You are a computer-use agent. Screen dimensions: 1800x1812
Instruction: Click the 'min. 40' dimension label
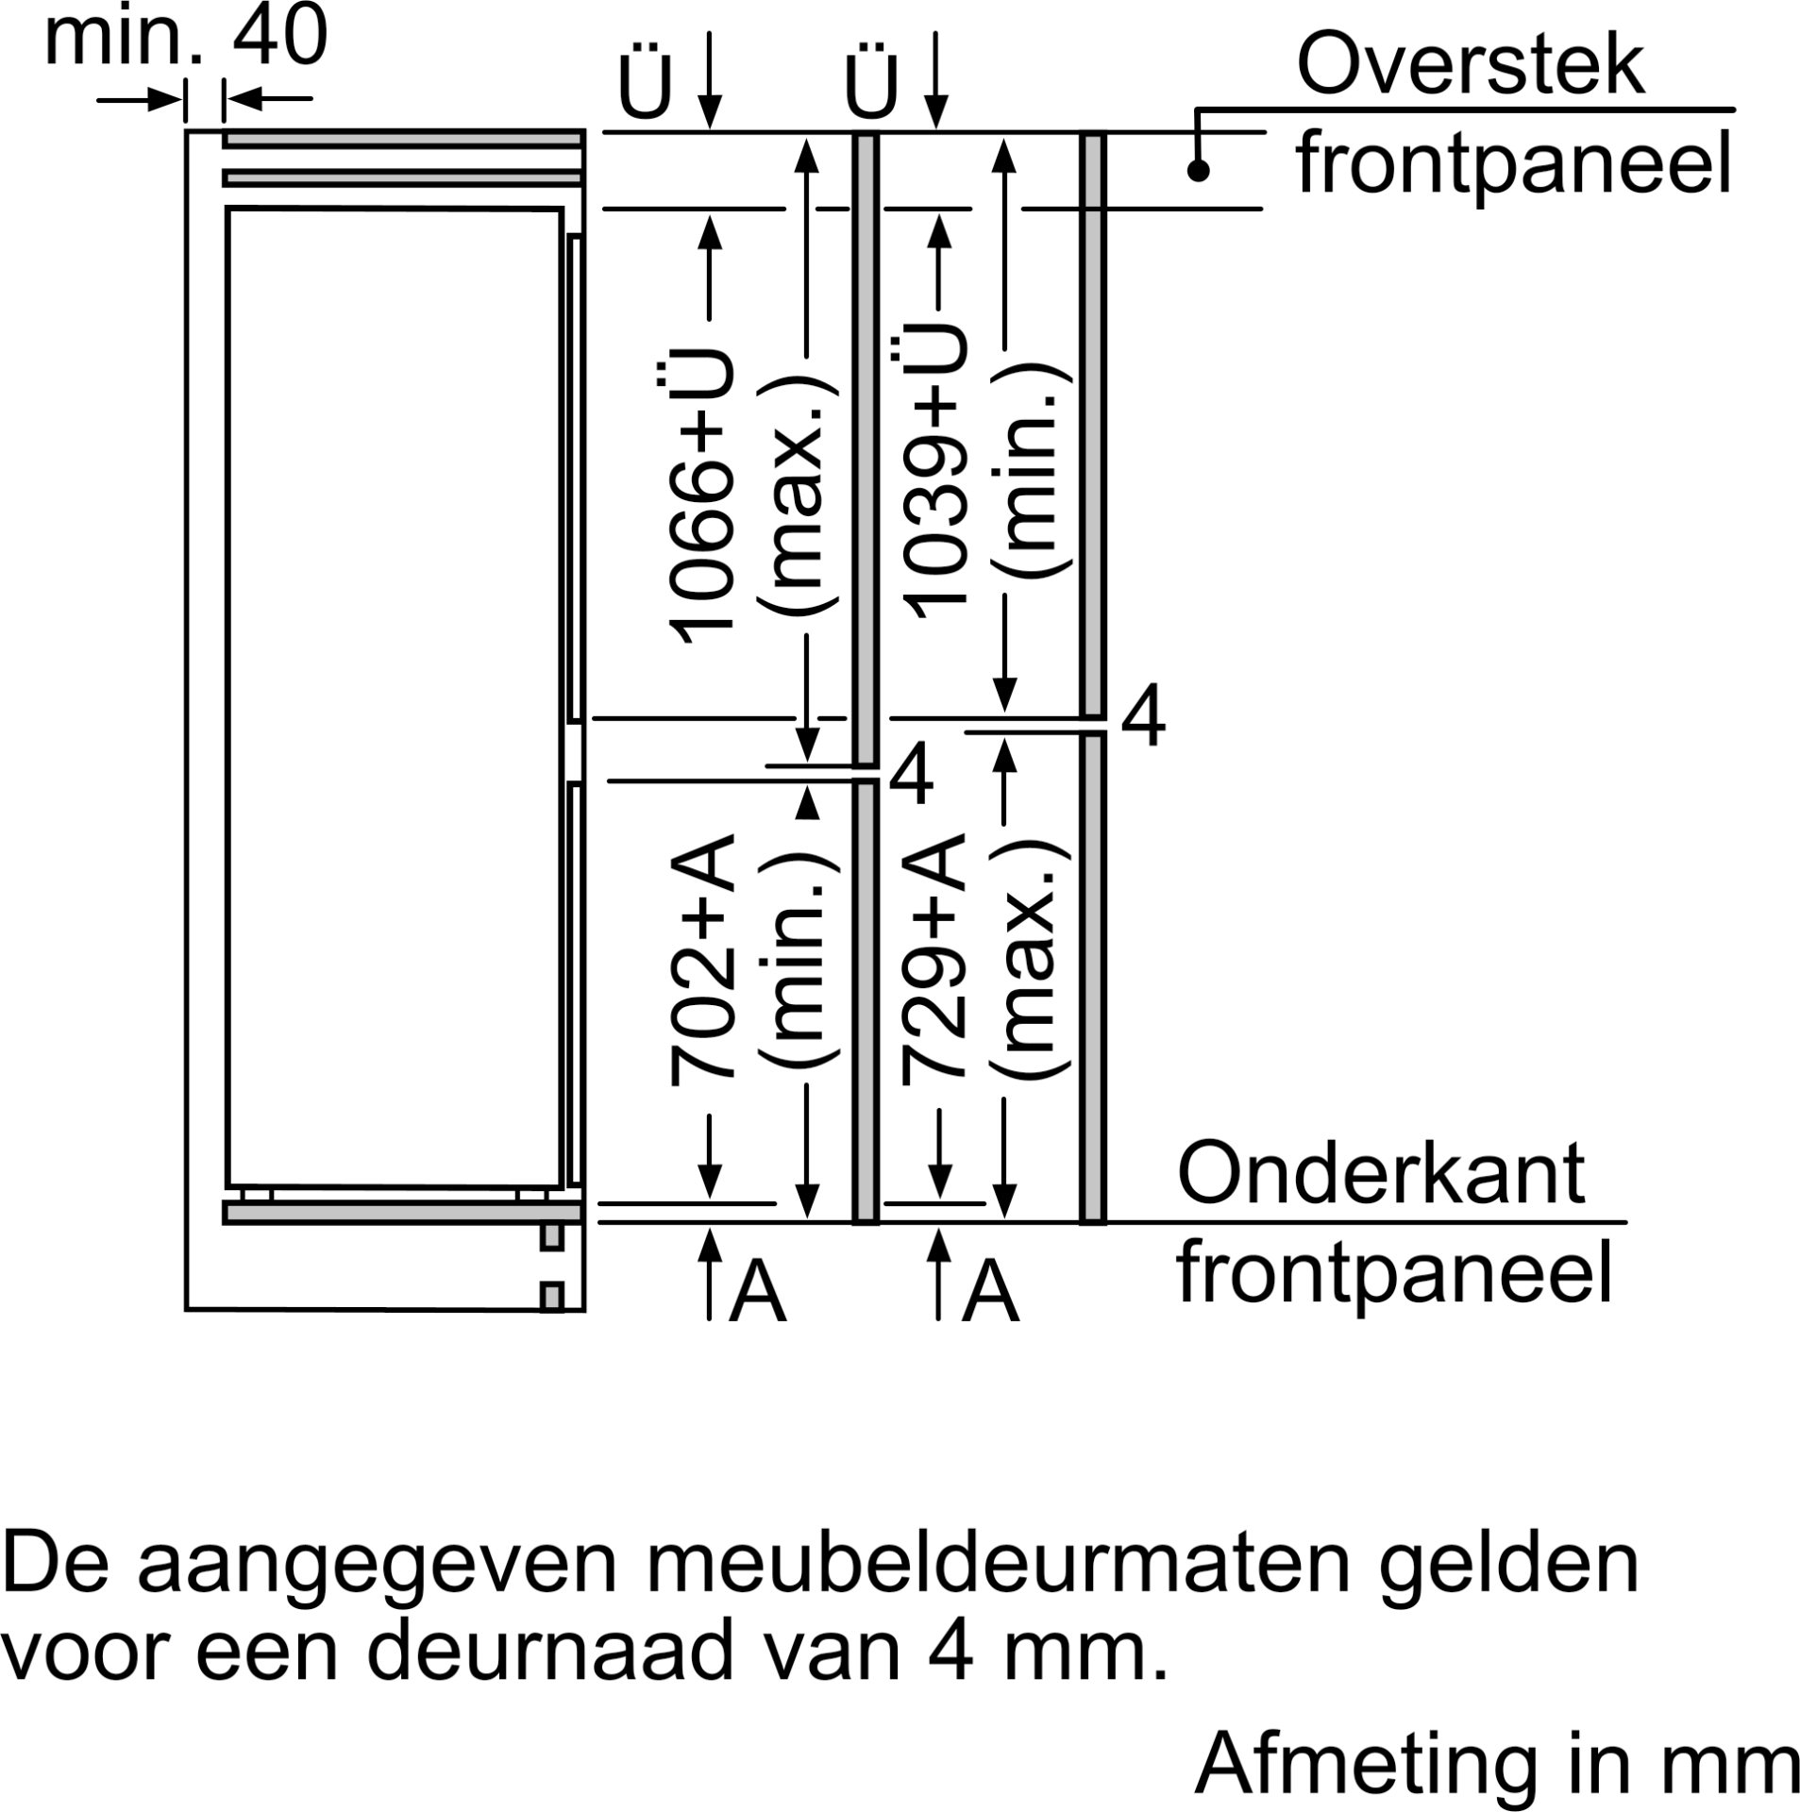186,35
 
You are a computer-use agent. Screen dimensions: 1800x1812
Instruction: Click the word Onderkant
1381,1174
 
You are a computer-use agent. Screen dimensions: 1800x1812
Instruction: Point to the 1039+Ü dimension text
934,472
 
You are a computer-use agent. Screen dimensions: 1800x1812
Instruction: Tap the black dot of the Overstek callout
1199,171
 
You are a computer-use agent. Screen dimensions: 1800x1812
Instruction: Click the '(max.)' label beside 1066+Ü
800,496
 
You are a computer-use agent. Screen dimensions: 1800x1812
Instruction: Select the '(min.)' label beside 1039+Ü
1033,472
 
